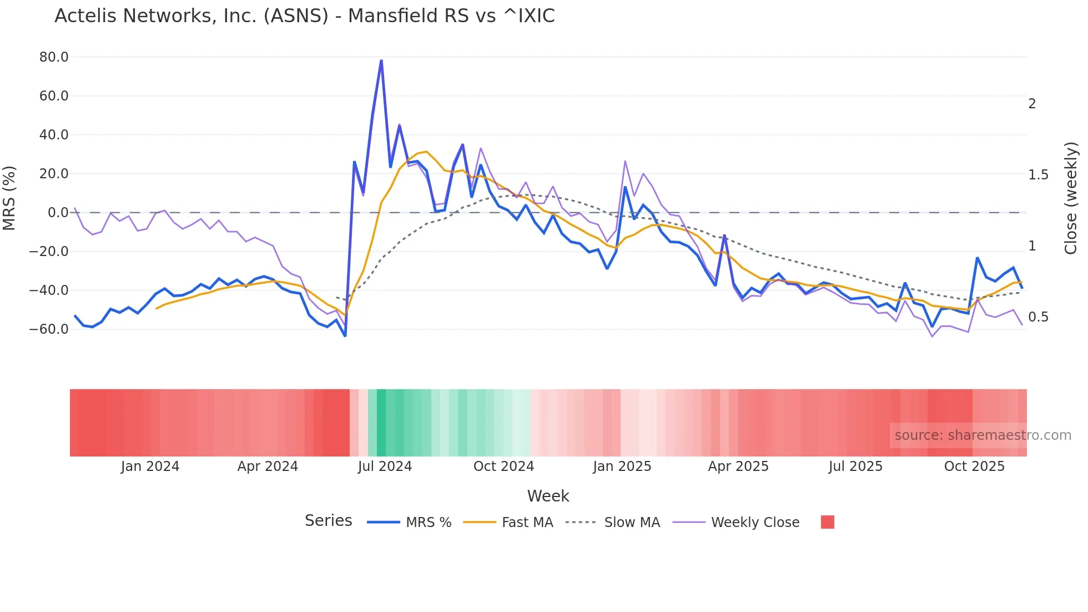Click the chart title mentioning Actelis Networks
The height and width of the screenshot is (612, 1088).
(304, 16)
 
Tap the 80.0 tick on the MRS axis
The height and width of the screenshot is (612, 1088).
(54, 57)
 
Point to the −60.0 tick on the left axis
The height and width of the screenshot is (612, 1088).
(49, 329)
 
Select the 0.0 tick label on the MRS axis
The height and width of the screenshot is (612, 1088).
(58, 213)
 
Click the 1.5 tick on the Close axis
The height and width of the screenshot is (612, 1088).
(1038, 175)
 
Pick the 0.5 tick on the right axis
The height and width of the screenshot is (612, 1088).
(1038, 317)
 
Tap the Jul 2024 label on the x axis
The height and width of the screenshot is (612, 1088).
(385, 466)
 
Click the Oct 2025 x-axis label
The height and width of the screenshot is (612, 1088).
(974, 466)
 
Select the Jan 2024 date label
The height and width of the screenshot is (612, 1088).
(150, 466)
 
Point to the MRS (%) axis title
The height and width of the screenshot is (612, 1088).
(9, 198)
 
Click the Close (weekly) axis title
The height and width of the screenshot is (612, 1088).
(1071, 198)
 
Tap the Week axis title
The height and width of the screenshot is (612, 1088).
(548, 496)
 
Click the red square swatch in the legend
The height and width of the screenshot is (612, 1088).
(827, 522)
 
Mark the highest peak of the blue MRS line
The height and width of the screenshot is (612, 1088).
(381, 61)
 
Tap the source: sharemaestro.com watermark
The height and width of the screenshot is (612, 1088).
(983, 435)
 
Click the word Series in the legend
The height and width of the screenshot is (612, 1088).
(328, 521)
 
